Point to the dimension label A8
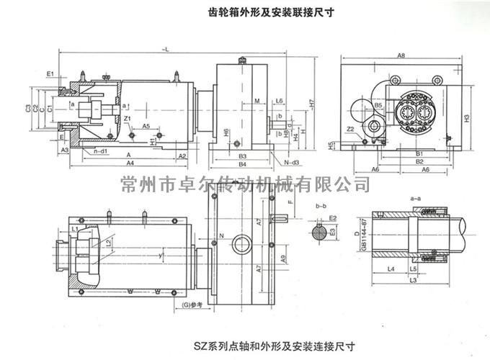pos(401,55)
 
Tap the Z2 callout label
pos(349,129)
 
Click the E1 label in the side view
pos(50,74)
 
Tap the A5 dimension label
pos(146,125)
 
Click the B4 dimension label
pos(243,165)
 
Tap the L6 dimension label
pos(279,102)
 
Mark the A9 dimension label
pos(262,258)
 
